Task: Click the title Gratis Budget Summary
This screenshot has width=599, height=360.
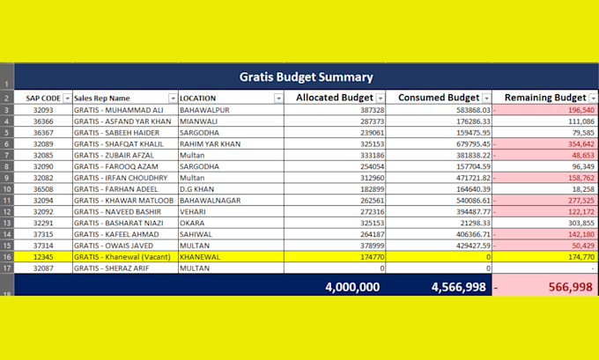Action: [x=306, y=77]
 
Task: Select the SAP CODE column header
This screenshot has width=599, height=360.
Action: [x=43, y=98]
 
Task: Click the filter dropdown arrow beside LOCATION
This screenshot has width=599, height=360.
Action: [x=278, y=98]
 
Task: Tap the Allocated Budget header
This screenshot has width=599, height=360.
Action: [x=334, y=98]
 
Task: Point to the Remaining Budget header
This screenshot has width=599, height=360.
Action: [x=545, y=98]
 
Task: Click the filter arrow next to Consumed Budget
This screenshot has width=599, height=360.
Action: [x=486, y=98]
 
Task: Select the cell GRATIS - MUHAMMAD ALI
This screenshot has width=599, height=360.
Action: [x=118, y=110]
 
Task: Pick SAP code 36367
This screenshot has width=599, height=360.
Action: [x=43, y=133]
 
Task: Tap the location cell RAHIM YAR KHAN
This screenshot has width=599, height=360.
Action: [x=211, y=144]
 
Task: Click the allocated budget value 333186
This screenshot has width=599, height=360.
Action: [x=372, y=156]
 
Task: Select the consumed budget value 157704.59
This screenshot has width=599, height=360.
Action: [x=473, y=166]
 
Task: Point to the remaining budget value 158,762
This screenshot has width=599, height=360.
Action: [x=581, y=178]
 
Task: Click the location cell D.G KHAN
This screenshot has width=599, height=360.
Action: [x=196, y=189]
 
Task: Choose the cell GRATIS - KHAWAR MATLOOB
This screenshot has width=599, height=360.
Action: [x=124, y=201]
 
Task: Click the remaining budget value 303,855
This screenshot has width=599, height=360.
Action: [x=581, y=223]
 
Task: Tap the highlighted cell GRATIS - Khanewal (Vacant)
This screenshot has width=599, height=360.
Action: [x=122, y=257]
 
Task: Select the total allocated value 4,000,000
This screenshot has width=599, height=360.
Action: [x=352, y=287]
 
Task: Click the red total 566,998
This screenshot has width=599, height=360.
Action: [x=570, y=287]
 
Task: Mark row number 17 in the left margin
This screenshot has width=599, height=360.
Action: [x=7, y=268]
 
